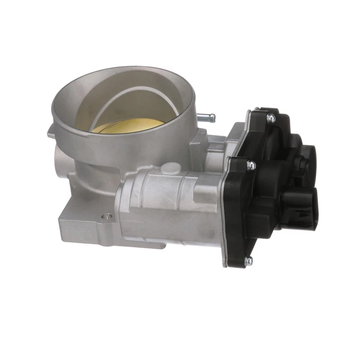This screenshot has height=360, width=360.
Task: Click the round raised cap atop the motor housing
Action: [x=173, y=168]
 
